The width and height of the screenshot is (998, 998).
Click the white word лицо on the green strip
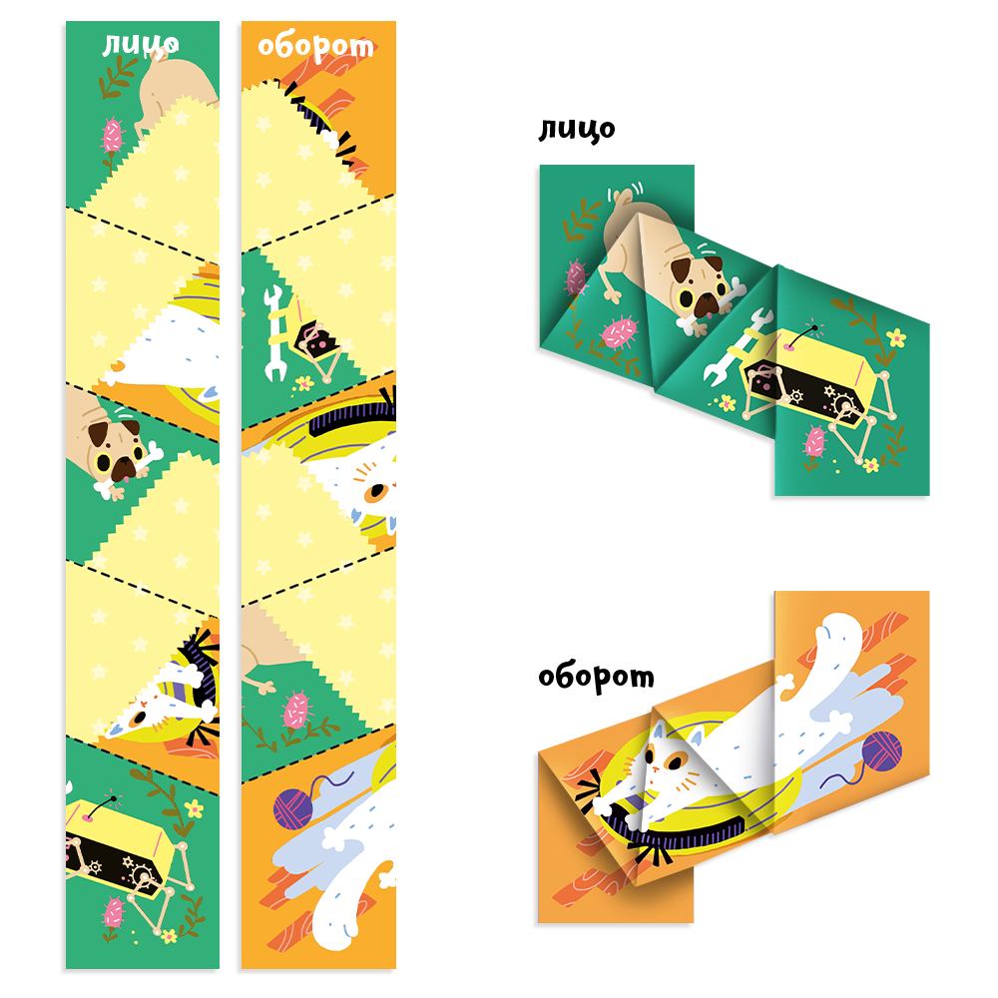141,45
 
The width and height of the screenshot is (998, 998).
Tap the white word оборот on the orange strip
315,47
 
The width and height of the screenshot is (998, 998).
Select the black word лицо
577,129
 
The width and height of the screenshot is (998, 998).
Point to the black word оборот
597,677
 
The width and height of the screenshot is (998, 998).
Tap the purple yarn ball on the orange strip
292,809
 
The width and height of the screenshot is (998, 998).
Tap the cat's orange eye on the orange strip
378,491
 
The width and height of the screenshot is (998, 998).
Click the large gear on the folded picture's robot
844,405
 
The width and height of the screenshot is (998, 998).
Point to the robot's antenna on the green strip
102,807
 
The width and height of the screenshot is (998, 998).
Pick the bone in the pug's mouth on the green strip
134,470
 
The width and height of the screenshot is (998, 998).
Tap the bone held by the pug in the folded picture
708,307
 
